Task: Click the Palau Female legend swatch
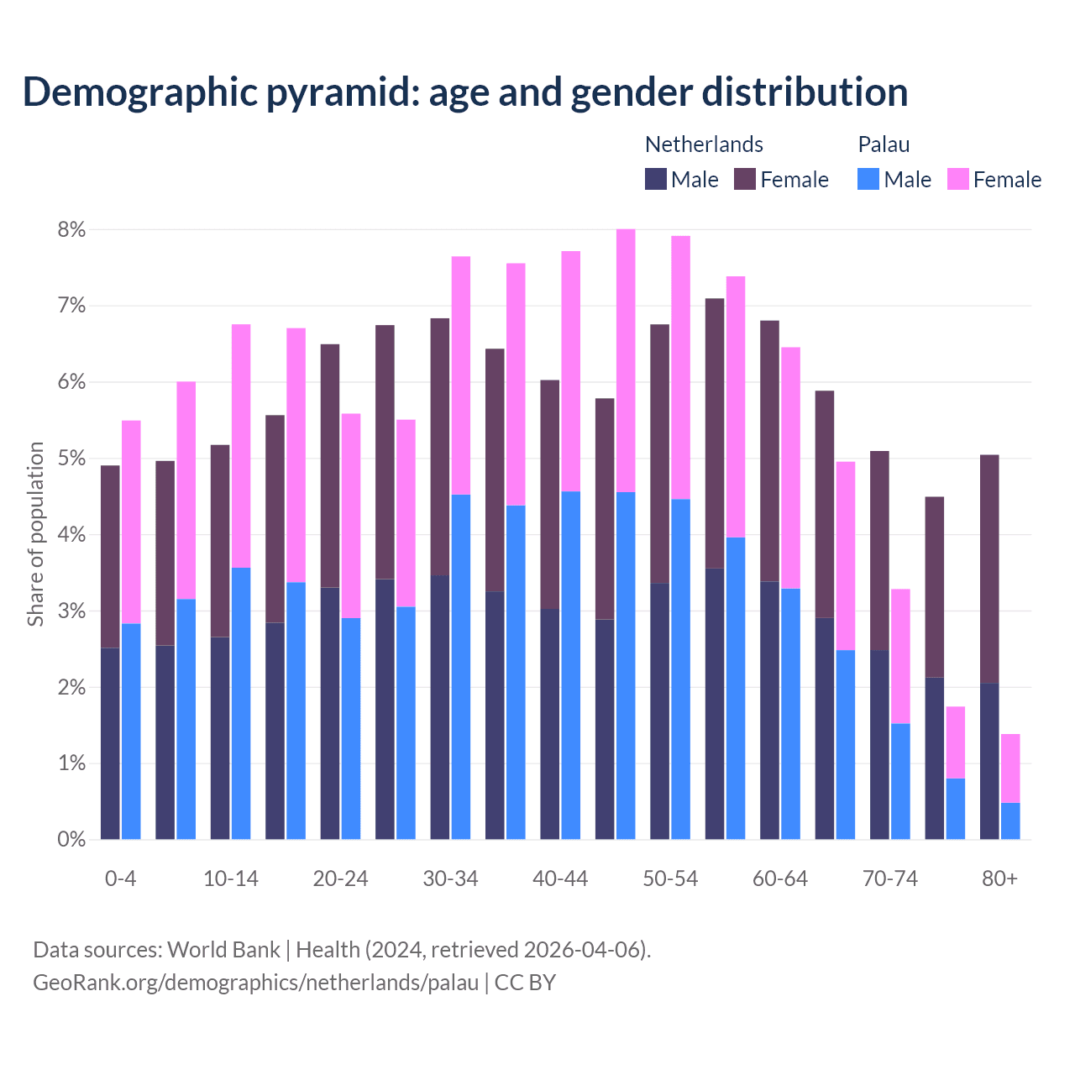tap(957, 179)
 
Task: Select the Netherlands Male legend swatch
tap(656, 179)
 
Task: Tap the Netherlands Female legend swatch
tap(745, 179)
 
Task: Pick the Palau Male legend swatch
tap(868, 179)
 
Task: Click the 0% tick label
tap(71, 839)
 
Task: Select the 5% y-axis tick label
tap(71, 459)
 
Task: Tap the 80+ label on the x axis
tap(999, 878)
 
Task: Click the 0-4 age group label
tap(120, 878)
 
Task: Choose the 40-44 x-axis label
tap(560, 878)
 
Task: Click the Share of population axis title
tap(35, 534)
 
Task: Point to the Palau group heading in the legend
tap(884, 144)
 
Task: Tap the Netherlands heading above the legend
tap(704, 144)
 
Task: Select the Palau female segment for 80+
tap(1010, 768)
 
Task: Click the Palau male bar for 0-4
tap(131, 731)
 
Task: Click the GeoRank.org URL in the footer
tap(255, 982)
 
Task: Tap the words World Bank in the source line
tap(223, 950)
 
